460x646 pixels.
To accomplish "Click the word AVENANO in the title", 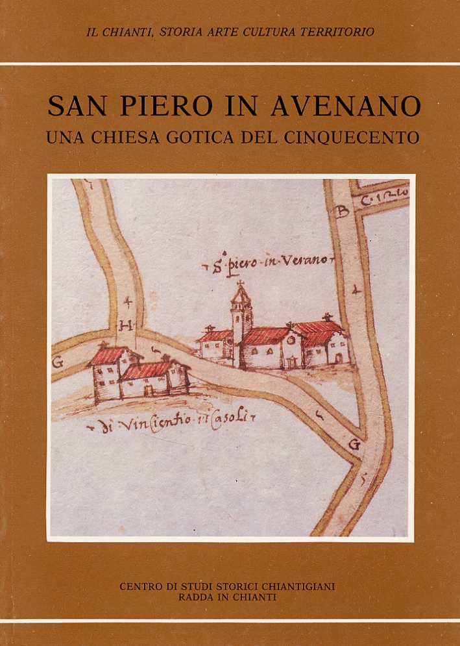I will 345,106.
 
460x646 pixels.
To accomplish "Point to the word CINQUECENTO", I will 357,138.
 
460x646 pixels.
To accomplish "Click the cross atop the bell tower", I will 241,284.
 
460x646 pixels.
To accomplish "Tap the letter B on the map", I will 343,211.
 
